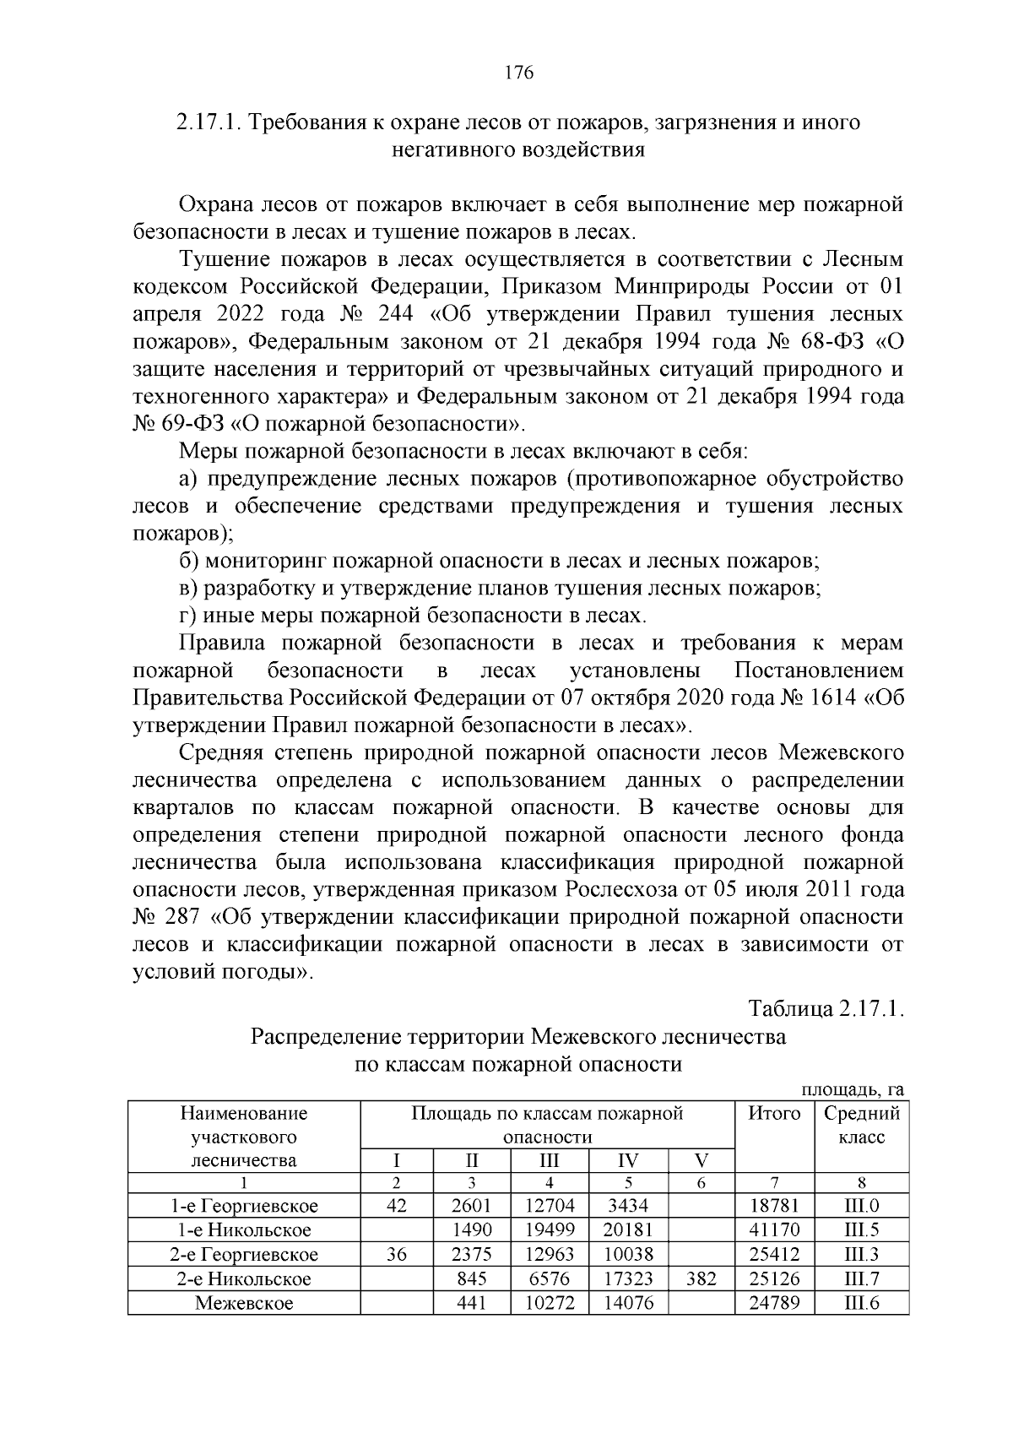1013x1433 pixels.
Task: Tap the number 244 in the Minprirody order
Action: tap(389, 314)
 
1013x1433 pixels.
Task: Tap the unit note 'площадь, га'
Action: tap(852, 1090)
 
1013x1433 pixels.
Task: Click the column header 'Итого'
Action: tap(774, 1113)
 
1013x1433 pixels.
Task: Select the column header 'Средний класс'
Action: tap(861, 1125)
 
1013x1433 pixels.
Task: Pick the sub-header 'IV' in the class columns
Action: tap(628, 1160)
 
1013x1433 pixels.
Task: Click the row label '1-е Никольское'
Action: tap(243, 1230)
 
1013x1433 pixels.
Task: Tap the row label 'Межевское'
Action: tap(243, 1303)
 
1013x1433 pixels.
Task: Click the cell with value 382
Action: tap(701, 1278)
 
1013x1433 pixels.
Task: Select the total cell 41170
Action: tap(774, 1230)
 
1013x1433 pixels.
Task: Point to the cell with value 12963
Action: tap(549, 1255)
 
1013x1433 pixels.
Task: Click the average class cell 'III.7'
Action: tap(861, 1278)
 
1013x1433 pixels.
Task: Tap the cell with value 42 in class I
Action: tap(396, 1206)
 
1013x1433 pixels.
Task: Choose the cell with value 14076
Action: tap(628, 1303)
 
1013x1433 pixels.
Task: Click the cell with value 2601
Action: tap(471, 1206)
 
